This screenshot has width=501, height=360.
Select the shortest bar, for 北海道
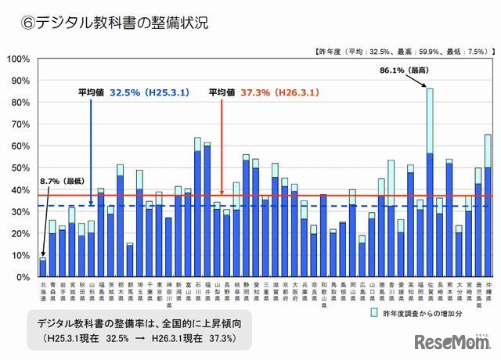pos(43,268)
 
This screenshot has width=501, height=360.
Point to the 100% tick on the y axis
pos(19,58)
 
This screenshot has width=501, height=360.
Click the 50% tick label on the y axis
pos(20,167)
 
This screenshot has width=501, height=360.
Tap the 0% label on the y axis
pos(23,277)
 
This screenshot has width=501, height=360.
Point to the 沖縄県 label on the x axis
pos(488,292)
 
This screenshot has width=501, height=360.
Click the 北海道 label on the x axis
pos(43,292)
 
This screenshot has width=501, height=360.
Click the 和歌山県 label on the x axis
pos(323,292)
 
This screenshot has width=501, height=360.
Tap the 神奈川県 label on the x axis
pos(168,292)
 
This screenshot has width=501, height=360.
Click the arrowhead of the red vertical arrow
pos(223,192)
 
